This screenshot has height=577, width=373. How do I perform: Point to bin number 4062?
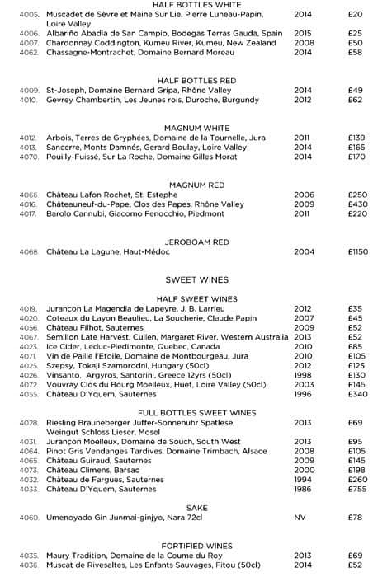pos(29,52)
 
